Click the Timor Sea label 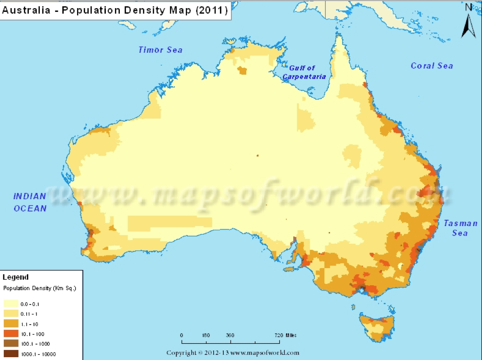(160, 50)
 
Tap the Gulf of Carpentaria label (304, 72)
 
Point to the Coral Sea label (431, 66)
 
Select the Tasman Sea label (460, 228)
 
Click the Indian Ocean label (30, 202)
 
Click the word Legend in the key (16, 277)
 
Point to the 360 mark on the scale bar (230, 335)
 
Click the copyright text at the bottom (233, 353)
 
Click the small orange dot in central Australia (257, 156)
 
